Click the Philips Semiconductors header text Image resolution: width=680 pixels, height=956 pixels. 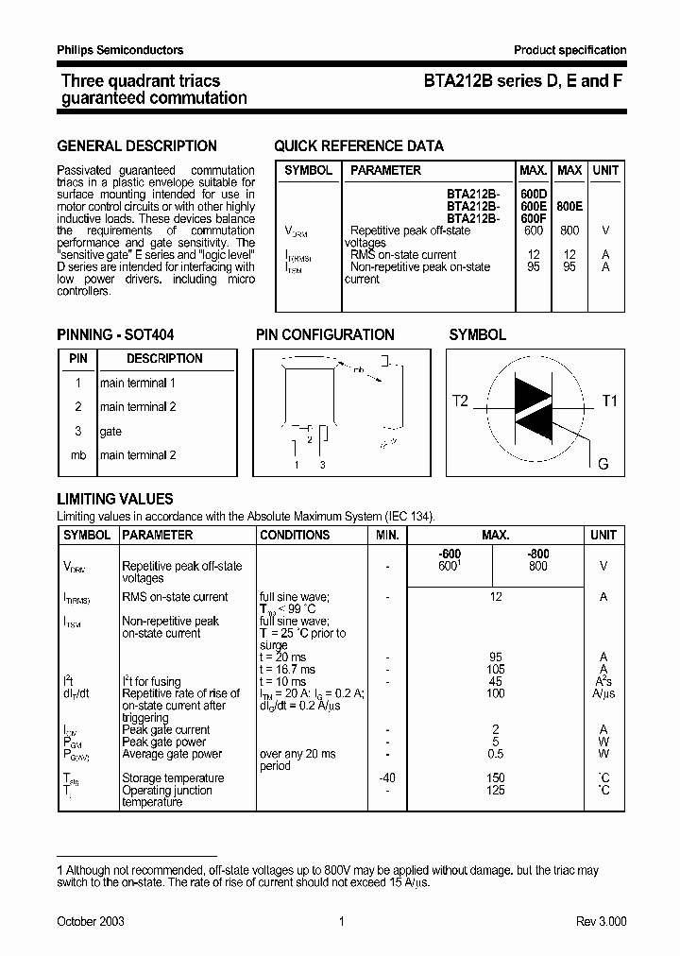pos(120,50)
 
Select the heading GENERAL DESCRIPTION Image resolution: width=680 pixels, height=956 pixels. pos(137,146)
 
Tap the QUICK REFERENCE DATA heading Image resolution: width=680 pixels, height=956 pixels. pos(358,146)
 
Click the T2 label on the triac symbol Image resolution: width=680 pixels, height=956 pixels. pos(460,401)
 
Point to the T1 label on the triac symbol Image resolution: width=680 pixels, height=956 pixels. pos(609,401)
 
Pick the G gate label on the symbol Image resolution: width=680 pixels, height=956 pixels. pos(603,464)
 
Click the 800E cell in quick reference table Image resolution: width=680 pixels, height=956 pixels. pos(569,205)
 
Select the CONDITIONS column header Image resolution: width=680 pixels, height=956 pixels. pos(295,535)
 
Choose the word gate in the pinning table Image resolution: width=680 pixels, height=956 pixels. pos(110,432)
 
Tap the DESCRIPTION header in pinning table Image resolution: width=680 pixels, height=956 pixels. pos(164,359)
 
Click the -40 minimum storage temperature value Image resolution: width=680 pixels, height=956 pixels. pos(386,778)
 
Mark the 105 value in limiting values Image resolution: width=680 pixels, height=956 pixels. pos(495,669)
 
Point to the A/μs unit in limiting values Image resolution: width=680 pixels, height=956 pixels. pos(603,693)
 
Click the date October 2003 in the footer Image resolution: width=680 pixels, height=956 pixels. pos(91,921)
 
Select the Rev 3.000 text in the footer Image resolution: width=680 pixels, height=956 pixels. pos(601,921)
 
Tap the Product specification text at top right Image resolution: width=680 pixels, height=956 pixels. pos(569,50)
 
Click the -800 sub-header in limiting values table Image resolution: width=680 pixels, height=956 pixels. pos(537,554)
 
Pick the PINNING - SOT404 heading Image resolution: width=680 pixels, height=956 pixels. pos(115,335)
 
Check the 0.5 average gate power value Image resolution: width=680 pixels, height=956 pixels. pos(495,754)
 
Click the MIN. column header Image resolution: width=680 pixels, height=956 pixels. pos(386,535)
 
